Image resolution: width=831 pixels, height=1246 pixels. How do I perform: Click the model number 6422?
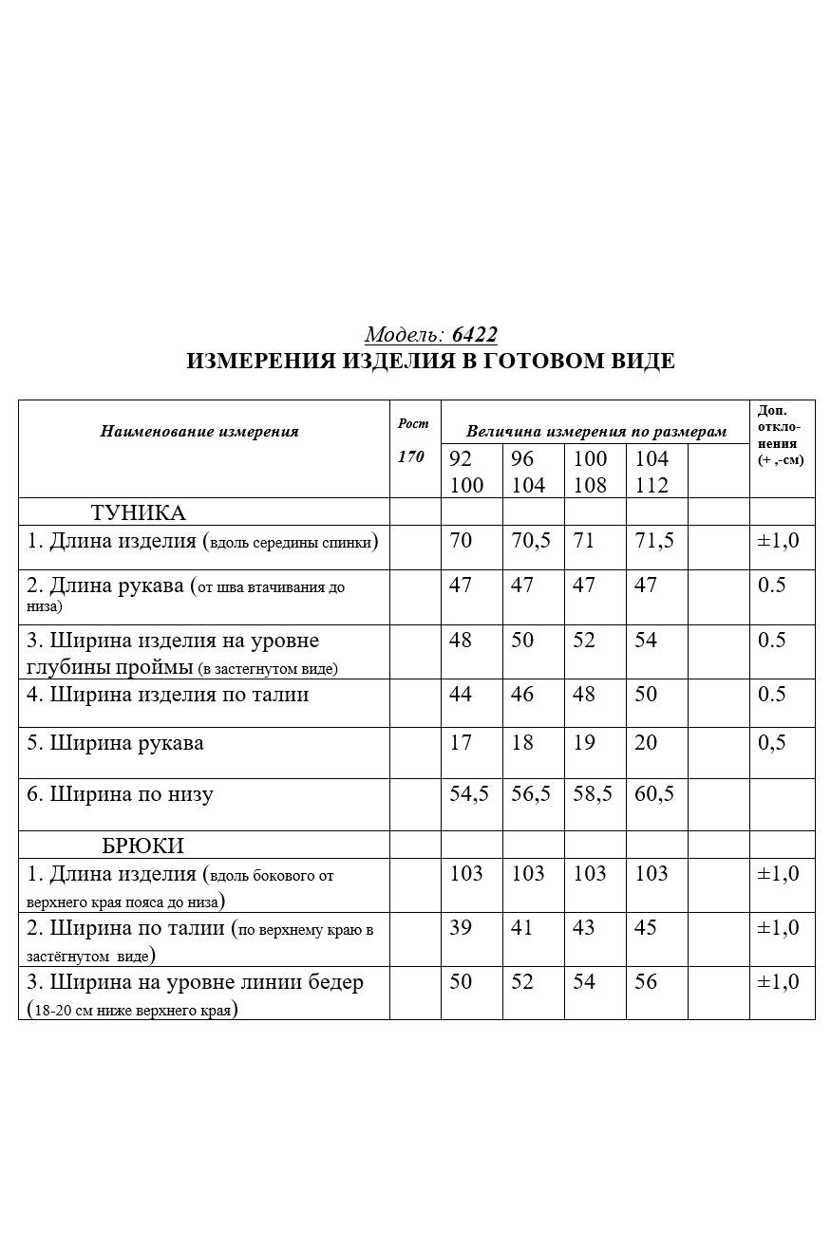475,335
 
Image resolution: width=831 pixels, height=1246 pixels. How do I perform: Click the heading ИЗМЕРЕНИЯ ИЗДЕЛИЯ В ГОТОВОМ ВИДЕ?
430,362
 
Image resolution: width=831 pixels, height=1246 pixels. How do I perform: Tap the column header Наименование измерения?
199,432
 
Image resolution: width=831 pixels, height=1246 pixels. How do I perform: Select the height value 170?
411,456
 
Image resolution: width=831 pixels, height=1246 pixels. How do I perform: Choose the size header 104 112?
652,472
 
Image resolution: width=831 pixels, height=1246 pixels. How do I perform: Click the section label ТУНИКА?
139,513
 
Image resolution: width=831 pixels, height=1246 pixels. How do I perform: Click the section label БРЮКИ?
142,846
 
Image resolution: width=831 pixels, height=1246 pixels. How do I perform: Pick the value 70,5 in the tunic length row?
531,541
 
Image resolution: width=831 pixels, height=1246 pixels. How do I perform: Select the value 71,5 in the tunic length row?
654,541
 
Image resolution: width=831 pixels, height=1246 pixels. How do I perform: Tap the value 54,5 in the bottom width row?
469,793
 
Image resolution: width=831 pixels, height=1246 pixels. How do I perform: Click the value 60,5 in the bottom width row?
654,793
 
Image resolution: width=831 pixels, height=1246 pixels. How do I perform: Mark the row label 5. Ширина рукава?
115,743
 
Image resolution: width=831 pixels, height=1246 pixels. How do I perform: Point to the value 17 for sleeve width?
461,743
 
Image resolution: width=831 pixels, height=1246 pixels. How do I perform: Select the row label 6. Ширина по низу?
120,794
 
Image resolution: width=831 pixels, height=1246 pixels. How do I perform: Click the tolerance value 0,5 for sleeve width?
772,743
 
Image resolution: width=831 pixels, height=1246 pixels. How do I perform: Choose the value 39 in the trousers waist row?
461,927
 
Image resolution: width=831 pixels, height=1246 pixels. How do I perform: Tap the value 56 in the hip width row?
646,982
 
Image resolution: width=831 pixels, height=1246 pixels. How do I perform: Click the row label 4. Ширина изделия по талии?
167,695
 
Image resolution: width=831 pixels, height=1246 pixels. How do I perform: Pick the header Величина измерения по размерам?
595,432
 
